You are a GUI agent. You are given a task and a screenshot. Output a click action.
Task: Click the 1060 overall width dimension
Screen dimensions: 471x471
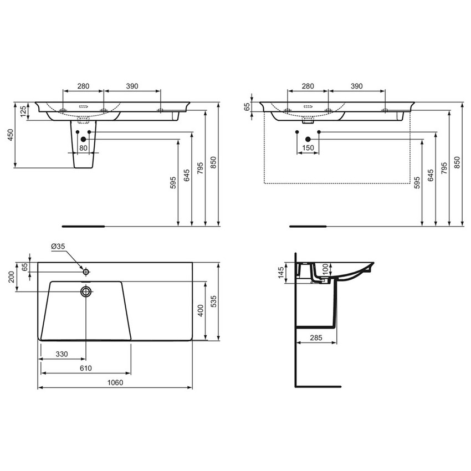(115, 382)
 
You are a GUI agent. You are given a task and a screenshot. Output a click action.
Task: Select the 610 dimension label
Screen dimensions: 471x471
(85, 368)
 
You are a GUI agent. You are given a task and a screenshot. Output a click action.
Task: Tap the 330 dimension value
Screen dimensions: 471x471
(62, 354)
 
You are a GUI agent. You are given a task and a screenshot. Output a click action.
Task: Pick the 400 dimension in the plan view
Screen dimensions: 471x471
(201, 310)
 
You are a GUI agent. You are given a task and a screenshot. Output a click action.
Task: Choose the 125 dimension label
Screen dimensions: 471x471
(23, 111)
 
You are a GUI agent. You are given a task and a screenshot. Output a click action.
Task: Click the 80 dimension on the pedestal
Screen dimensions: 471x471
(83, 148)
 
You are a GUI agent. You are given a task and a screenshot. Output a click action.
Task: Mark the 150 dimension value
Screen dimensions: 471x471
(308, 148)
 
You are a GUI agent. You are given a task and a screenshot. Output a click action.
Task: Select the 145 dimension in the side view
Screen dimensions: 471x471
(281, 272)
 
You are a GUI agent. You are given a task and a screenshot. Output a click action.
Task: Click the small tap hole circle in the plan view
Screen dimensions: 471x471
(86, 272)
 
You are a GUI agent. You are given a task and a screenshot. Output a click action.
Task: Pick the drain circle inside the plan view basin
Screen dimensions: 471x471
(86, 291)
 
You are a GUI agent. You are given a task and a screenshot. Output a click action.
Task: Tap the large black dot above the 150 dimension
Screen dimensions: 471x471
(308, 139)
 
